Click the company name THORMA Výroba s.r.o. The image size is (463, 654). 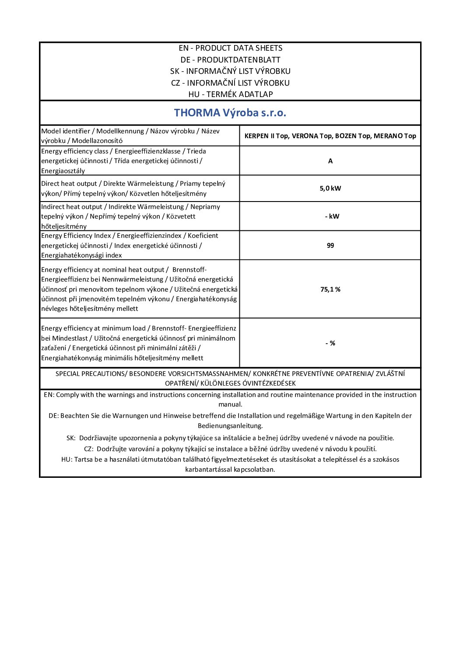click(230, 113)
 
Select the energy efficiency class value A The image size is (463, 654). click(330, 161)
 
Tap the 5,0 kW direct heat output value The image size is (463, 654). click(330, 188)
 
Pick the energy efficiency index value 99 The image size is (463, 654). click(330, 246)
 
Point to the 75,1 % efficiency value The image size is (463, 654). click(330, 289)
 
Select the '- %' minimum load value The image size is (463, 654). click(330, 343)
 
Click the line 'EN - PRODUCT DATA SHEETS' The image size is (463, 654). click(230, 48)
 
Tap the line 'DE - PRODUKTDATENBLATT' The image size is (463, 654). click(230, 60)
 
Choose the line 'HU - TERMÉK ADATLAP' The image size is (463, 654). click(230, 94)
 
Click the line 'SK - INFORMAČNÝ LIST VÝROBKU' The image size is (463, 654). click(230, 71)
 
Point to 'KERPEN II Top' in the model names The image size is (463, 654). click(266, 136)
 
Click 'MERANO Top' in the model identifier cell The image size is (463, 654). click(395, 136)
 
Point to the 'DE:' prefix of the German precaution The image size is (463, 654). click(53, 416)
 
